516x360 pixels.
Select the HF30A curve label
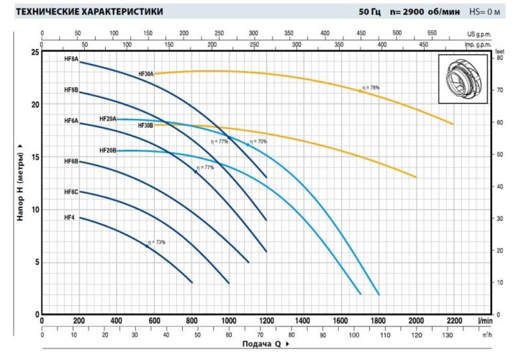pyautogui.click(x=146, y=74)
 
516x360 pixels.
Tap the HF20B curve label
pyautogui.click(x=108, y=150)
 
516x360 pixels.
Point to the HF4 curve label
pyautogui.click(x=69, y=217)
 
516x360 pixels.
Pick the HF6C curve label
pyautogui.click(x=71, y=192)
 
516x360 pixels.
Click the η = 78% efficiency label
pyautogui.click(x=370, y=88)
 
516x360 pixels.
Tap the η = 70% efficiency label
pyautogui.click(x=258, y=142)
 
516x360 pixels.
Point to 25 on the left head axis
pyautogui.click(x=34, y=53)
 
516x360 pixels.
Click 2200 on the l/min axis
pyautogui.click(x=453, y=320)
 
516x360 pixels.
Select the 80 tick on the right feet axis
pyautogui.click(x=499, y=58)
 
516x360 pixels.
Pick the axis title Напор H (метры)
pyautogui.click(x=21, y=182)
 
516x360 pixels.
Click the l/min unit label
pyautogui.click(x=484, y=320)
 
